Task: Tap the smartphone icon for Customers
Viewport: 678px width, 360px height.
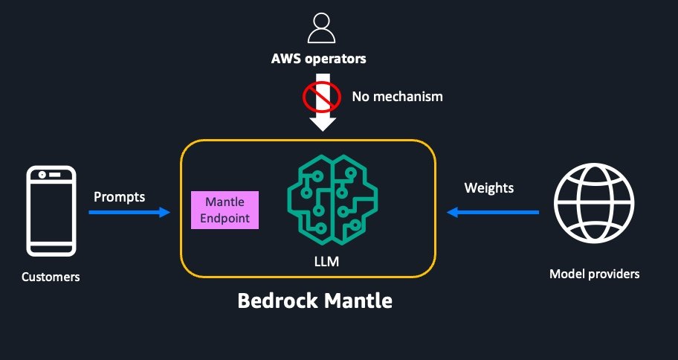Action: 51,212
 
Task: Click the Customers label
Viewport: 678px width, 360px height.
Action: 51,277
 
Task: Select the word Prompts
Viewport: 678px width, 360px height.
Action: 119,198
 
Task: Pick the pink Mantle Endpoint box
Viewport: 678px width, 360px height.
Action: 225,210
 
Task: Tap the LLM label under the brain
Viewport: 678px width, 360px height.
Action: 332,263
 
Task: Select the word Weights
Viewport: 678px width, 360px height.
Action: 488,188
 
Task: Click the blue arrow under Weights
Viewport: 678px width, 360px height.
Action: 492,213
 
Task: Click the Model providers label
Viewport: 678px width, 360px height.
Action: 594,274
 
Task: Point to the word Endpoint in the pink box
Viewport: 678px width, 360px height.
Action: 225,219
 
